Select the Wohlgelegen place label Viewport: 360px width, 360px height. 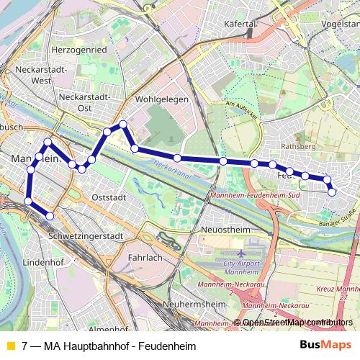161,99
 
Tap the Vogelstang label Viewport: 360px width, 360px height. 341,24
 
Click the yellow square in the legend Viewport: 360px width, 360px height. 10,346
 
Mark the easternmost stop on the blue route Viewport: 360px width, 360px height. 332,192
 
